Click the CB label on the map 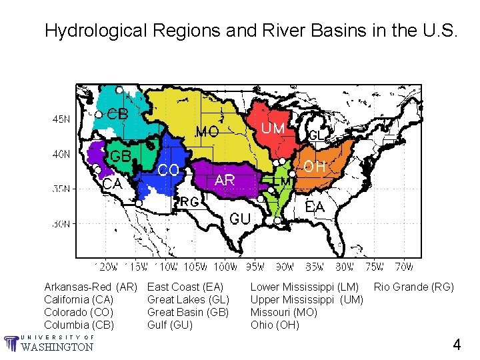coord(117,114)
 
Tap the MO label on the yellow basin coord(207,133)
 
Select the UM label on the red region coord(273,128)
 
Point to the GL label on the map coord(316,135)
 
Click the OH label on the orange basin coord(314,167)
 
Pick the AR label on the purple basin coord(225,180)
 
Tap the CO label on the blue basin coord(168,171)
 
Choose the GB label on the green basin coord(120,156)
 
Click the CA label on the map coord(112,183)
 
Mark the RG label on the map coord(189,201)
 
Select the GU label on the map coord(240,219)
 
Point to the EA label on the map coord(315,207)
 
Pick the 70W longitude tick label coord(403,267)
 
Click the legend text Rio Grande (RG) coord(413,287)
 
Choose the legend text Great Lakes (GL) coord(188,300)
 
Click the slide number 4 coord(457,345)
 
